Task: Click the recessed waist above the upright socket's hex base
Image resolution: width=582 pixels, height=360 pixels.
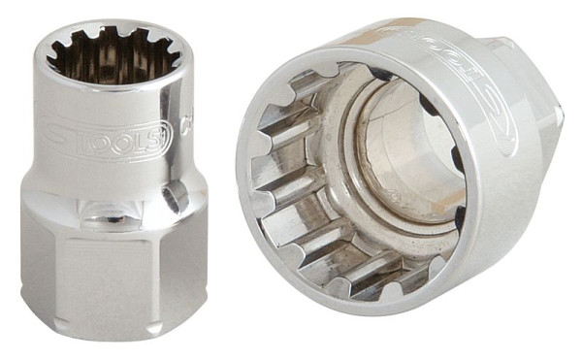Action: point(112,199)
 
